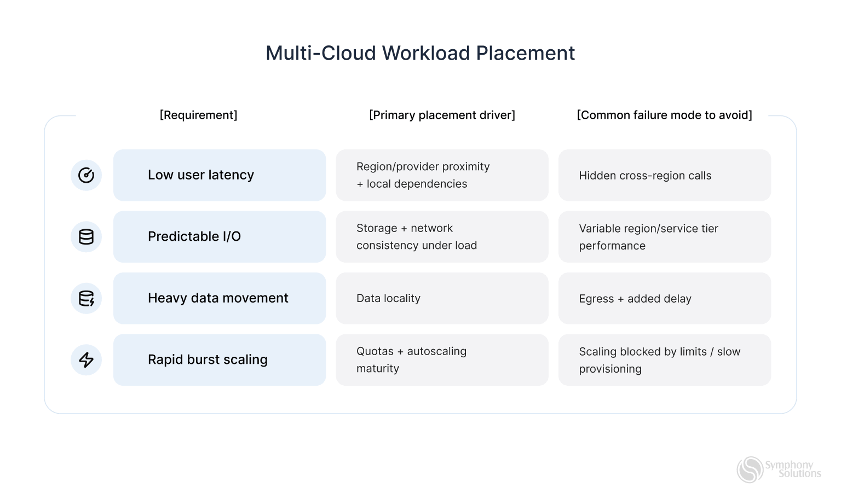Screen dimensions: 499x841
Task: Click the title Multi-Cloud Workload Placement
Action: coord(420,53)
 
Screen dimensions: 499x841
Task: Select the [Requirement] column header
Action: coord(198,115)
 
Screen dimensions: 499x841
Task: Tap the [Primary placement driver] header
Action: coord(442,115)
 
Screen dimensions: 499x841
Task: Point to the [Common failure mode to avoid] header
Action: coord(664,115)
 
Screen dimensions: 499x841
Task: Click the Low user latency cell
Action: coord(219,175)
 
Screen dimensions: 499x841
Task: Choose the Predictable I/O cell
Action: coord(219,236)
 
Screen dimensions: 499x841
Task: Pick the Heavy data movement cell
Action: coord(219,298)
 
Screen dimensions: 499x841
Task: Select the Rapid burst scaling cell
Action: coord(219,359)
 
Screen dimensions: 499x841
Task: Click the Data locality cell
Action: coord(442,298)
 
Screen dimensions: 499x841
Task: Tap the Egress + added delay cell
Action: coord(664,298)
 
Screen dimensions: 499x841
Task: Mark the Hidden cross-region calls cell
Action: coord(664,175)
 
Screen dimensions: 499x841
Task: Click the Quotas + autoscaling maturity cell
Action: coord(442,359)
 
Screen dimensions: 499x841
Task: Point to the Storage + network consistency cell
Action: coord(442,236)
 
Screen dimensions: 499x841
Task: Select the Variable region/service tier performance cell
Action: coord(664,236)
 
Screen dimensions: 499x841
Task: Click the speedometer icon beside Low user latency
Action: coord(86,175)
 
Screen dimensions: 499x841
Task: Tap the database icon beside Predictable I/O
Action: coord(86,236)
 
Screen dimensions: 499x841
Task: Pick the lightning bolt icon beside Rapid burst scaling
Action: coord(86,359)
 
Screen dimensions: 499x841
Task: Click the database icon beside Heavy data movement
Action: coord(86,298)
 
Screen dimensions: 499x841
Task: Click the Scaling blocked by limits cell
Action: coord(664,359)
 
